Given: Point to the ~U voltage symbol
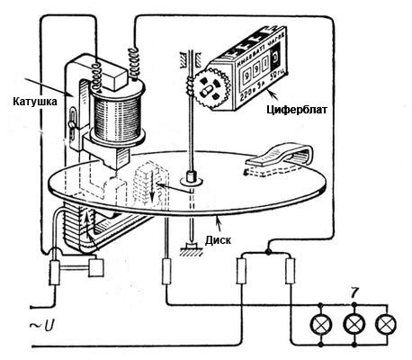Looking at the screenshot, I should point(18,321).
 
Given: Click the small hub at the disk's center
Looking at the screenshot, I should point(191,180).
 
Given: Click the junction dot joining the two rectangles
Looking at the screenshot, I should point(267,252).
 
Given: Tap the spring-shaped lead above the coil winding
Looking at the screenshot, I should point(137,62).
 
